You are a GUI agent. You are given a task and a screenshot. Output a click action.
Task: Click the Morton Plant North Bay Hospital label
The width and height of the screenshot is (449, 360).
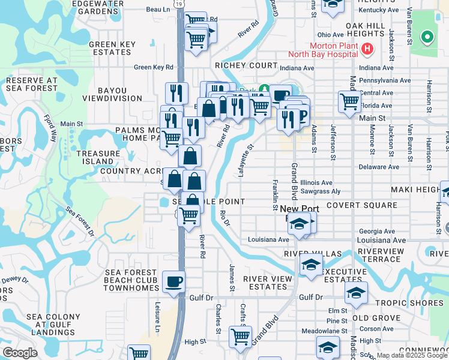[x=335, y=52]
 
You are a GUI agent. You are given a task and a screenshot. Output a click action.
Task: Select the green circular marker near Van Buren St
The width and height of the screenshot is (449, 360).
[x=427, y=37]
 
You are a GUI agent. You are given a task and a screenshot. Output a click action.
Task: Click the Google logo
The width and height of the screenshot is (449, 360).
[x=20, y=353]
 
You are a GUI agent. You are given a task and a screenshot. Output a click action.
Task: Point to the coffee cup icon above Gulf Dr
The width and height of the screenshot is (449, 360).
[x=173, y=281]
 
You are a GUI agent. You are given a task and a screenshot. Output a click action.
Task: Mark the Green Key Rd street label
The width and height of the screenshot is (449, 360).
[x=154, y=67]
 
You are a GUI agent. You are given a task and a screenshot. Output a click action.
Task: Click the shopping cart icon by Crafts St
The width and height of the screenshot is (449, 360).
[x=240, y=338]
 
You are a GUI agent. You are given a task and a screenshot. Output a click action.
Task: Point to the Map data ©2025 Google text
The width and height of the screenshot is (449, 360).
[x=403, y=355]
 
